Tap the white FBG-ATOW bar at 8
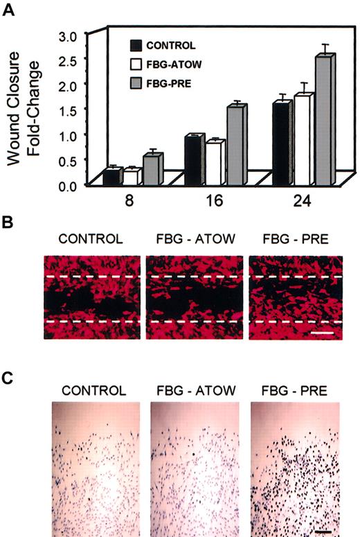tap(131, 177)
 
